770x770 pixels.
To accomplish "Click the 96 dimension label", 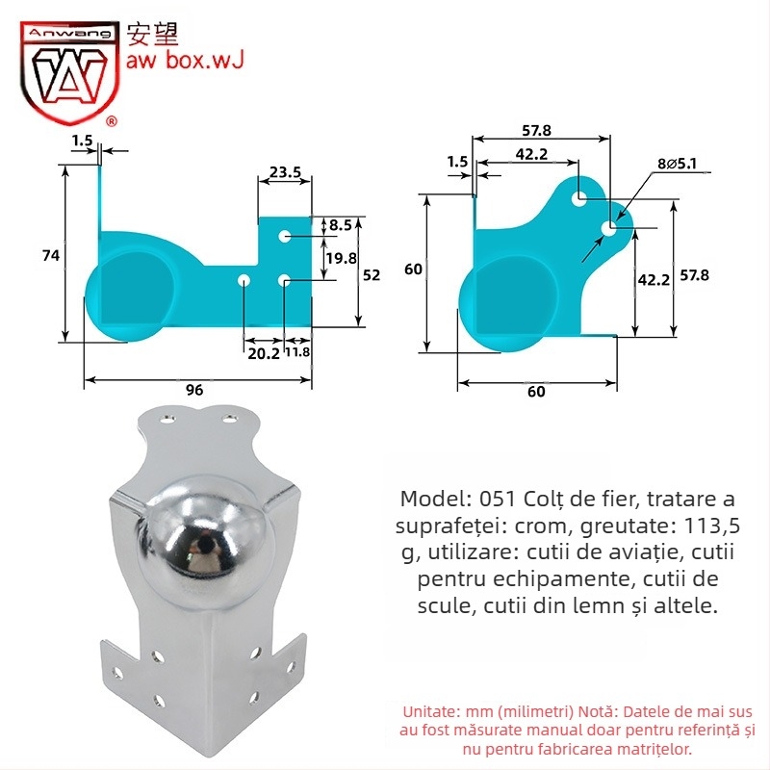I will [x=194, y=390].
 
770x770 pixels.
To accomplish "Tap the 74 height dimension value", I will [x=51, y=255].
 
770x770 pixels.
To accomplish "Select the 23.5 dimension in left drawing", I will [x=285, y=173].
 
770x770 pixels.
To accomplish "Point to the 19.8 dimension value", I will [x=340, y=258].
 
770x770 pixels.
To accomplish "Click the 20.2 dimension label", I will [x=263, y=353].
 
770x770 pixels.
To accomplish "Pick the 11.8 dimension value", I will [x=298, y=353].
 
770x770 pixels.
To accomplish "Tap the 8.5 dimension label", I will [x=340, y=225].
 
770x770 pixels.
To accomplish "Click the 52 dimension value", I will [x=372, y=274].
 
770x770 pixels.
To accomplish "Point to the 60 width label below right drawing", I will [x=536, y=392].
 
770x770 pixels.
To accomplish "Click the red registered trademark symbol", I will [x=111, y=122].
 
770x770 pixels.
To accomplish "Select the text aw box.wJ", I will [x=185, y=62].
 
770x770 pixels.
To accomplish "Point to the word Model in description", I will [x=432, y=500].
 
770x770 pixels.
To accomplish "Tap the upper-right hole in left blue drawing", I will [x=285, y=236].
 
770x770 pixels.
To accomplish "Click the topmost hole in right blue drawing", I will [x=578, y=197].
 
